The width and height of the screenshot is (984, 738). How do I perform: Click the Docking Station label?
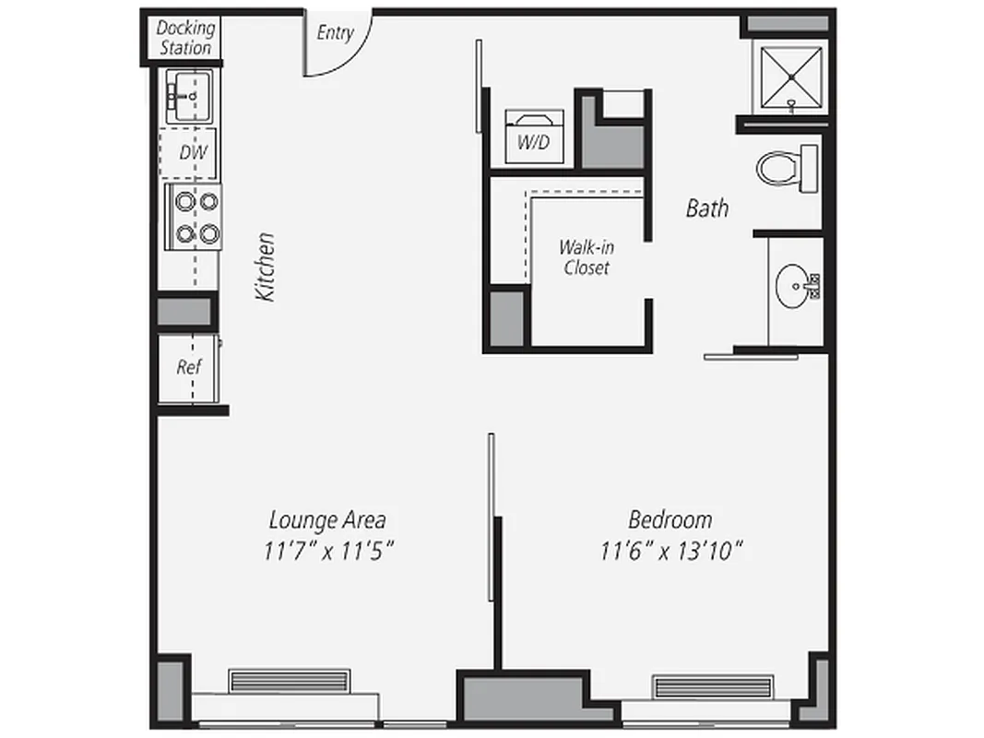click(x=184, y=38)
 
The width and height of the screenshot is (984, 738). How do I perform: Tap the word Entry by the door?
click(x=335, y=32)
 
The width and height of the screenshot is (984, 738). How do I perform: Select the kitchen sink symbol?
click(x=189, y=94)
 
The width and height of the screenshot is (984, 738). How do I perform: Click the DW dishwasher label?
click(x=192, y=153)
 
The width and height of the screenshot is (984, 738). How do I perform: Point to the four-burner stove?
click(x=194, y=217)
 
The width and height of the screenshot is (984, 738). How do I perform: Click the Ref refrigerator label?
click(x=189, y=366)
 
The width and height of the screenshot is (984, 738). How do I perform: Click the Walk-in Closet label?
click(x=587, y=257)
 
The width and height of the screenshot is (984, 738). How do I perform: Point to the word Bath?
click(x=706, y=208)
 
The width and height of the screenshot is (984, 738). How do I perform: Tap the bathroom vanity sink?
click(x=795, y=287)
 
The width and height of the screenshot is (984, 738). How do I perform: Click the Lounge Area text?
click(x=327, y=519)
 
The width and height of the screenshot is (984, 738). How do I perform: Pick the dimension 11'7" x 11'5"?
click(x=329, y=552)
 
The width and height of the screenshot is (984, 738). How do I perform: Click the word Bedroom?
click(x=670, y=519)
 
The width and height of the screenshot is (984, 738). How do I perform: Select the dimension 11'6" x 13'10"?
click(x=671, y=552)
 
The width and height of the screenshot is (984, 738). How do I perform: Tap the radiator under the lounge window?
click(x=290, y=681)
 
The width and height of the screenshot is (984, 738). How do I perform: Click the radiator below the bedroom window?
click(x=711, y=686)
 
